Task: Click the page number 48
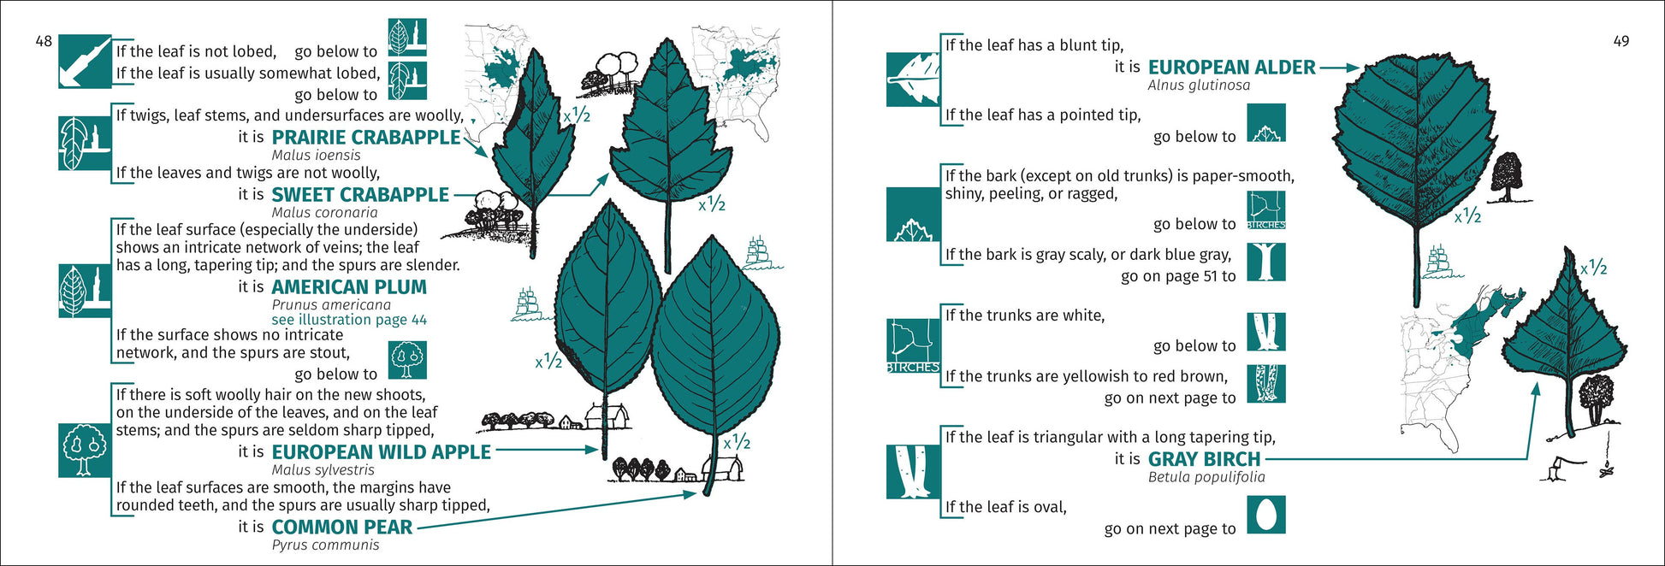coord(43,41)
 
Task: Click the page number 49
coord(1621,41)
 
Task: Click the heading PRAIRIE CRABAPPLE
coord(366,138)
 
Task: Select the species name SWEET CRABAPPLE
coord(360,195)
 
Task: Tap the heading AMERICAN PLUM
coord(349,287)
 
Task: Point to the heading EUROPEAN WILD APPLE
coord(382,452)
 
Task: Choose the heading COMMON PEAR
coord(342,528)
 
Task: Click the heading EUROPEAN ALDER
coord(1231,68)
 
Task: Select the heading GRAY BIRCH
coord(1204,459)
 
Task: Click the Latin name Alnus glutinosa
coord(1199,85)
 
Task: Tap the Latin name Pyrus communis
coord(325,545)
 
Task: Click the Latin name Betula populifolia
coord(1206,477)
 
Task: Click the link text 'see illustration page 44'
coord(349,320)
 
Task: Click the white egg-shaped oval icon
coord(1266,516)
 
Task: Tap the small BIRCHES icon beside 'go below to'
coord(1266,209)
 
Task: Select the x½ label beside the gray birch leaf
coord(1593,268)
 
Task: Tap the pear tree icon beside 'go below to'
coord(407,360)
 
